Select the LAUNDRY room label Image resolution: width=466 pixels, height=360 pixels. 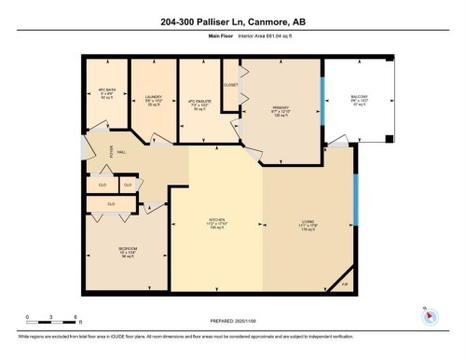pyautogui.click(x=154, y=97)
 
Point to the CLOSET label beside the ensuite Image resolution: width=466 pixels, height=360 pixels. pyautogui.click(x=231, y=85)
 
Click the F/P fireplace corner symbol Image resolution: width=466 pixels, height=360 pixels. pyautogui.click(x=344, y=284)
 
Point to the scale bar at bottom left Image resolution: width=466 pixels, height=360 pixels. pyautogui.click(x=53, y=321)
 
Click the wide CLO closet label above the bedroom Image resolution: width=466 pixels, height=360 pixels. pyautogui.click(x=111, y=202)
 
